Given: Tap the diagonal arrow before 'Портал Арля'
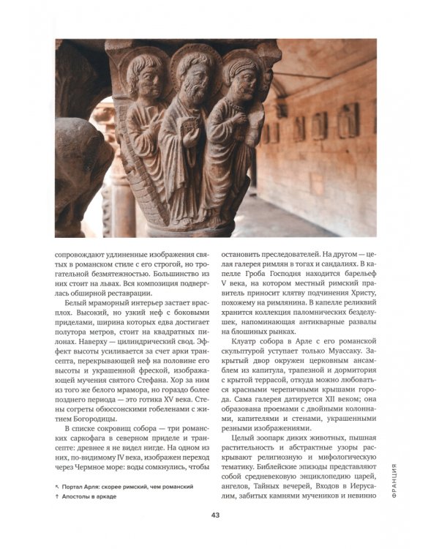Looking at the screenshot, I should pyautogui.click(x=58, y=486).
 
